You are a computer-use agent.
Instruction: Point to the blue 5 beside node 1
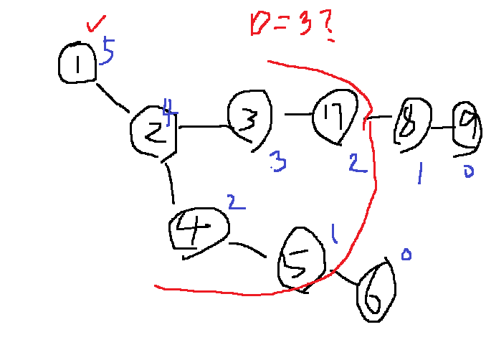tap(108, 52)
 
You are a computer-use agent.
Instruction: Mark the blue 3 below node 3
tap(278, 162)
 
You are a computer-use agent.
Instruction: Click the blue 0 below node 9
tap(468, 171)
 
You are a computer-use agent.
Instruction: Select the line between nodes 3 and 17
tap(297, 114)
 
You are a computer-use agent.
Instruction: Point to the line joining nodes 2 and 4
tap(171, 184)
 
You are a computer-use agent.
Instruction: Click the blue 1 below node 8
tap(421, 172)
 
